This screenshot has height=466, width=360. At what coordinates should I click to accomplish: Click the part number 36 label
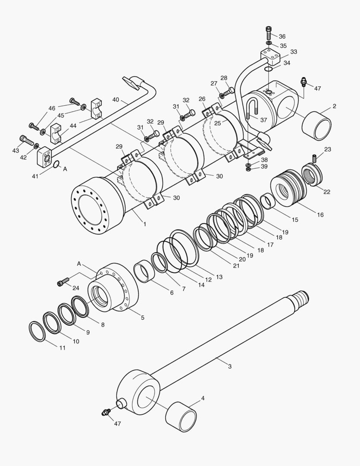(282, 37)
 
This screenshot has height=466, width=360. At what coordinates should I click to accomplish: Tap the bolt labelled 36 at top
(269, 33)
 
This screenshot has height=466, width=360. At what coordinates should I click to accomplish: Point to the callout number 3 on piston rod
(230, 366)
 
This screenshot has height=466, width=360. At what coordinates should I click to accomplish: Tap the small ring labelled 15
(269, 201)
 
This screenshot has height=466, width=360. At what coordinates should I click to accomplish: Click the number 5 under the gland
(142, 317)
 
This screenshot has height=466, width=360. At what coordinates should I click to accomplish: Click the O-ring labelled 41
(56, 164)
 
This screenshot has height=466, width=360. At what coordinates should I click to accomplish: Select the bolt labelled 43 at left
(26, 140)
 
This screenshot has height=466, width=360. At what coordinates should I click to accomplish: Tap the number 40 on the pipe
(116, 100)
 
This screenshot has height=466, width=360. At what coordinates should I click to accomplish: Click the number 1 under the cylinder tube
(145, 224)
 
